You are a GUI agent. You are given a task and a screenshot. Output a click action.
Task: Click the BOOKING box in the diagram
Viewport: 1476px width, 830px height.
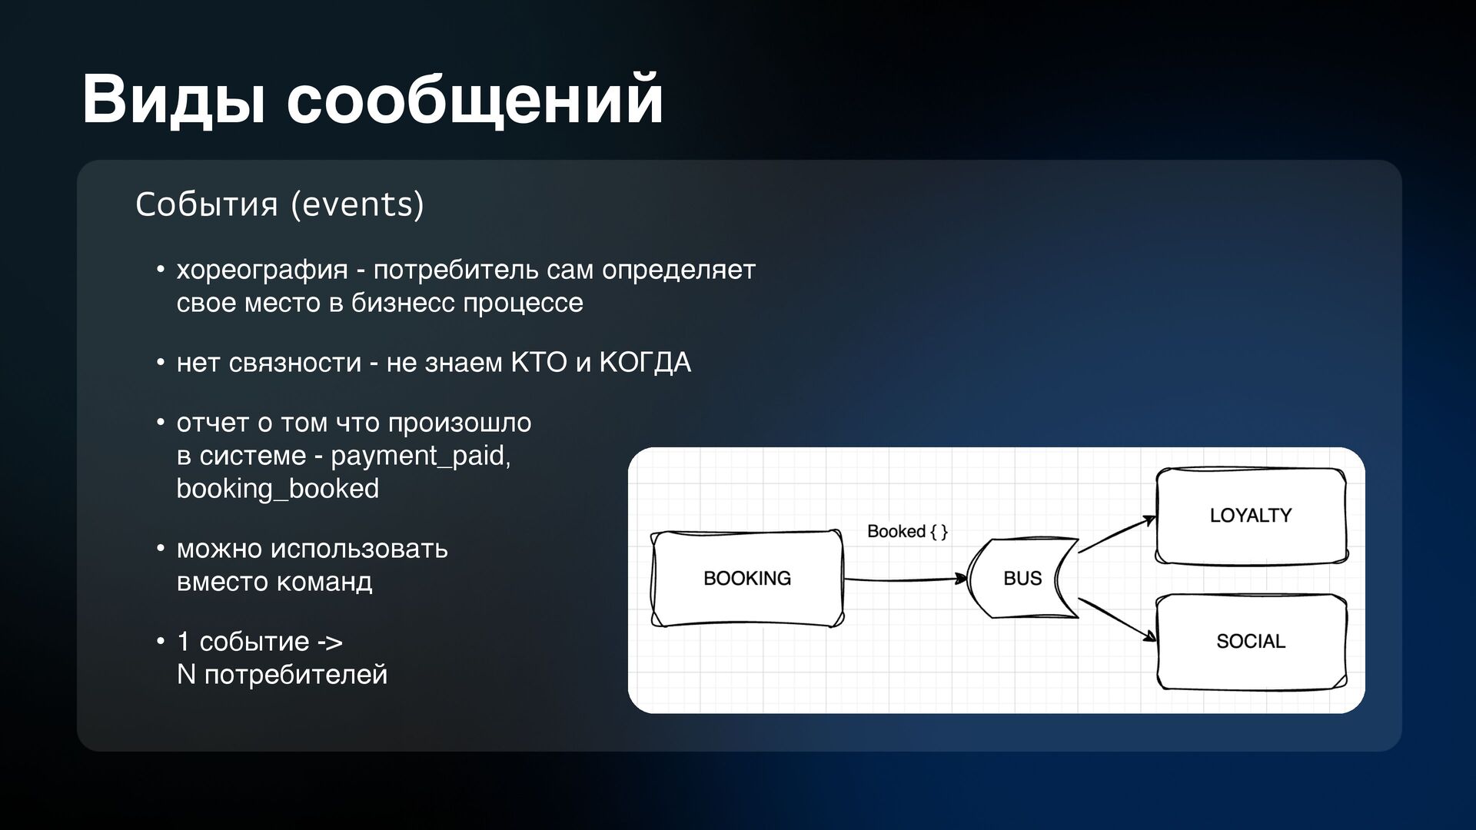point(746,578)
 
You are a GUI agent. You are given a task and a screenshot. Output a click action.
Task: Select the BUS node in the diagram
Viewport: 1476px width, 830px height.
point(1022,578)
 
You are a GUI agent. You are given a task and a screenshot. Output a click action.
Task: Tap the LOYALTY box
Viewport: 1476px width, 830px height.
point(1251,516)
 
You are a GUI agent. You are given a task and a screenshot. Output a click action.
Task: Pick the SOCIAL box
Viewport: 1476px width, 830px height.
point(1251,641)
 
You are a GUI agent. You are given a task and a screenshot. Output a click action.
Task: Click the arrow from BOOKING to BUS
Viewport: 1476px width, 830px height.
point(905,579)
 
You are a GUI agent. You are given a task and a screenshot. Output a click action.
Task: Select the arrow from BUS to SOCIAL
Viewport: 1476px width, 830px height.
point(1117,619)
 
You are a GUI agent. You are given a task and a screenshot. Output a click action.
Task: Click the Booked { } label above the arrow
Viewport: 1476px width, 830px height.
point(907,531)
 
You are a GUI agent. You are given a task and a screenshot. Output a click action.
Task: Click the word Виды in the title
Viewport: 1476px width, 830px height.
point(174,100)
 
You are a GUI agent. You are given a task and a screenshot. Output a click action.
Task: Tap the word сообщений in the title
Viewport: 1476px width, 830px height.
point(475,100)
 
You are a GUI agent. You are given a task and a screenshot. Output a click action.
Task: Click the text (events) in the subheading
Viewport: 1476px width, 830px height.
point(357,204)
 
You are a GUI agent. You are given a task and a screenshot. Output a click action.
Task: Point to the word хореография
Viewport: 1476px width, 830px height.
point(262,270)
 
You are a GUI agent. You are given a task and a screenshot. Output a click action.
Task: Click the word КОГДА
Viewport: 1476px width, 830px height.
point(644,363)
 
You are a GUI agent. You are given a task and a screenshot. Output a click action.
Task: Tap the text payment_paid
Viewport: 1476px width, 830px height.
point(420,456)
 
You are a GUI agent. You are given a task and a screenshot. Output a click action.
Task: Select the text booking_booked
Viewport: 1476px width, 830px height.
point(278,489)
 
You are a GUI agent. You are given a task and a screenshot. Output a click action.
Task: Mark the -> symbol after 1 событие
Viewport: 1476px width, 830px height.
point(330,642)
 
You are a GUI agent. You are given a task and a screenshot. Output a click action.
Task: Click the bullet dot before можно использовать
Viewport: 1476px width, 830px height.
point(161,549)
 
